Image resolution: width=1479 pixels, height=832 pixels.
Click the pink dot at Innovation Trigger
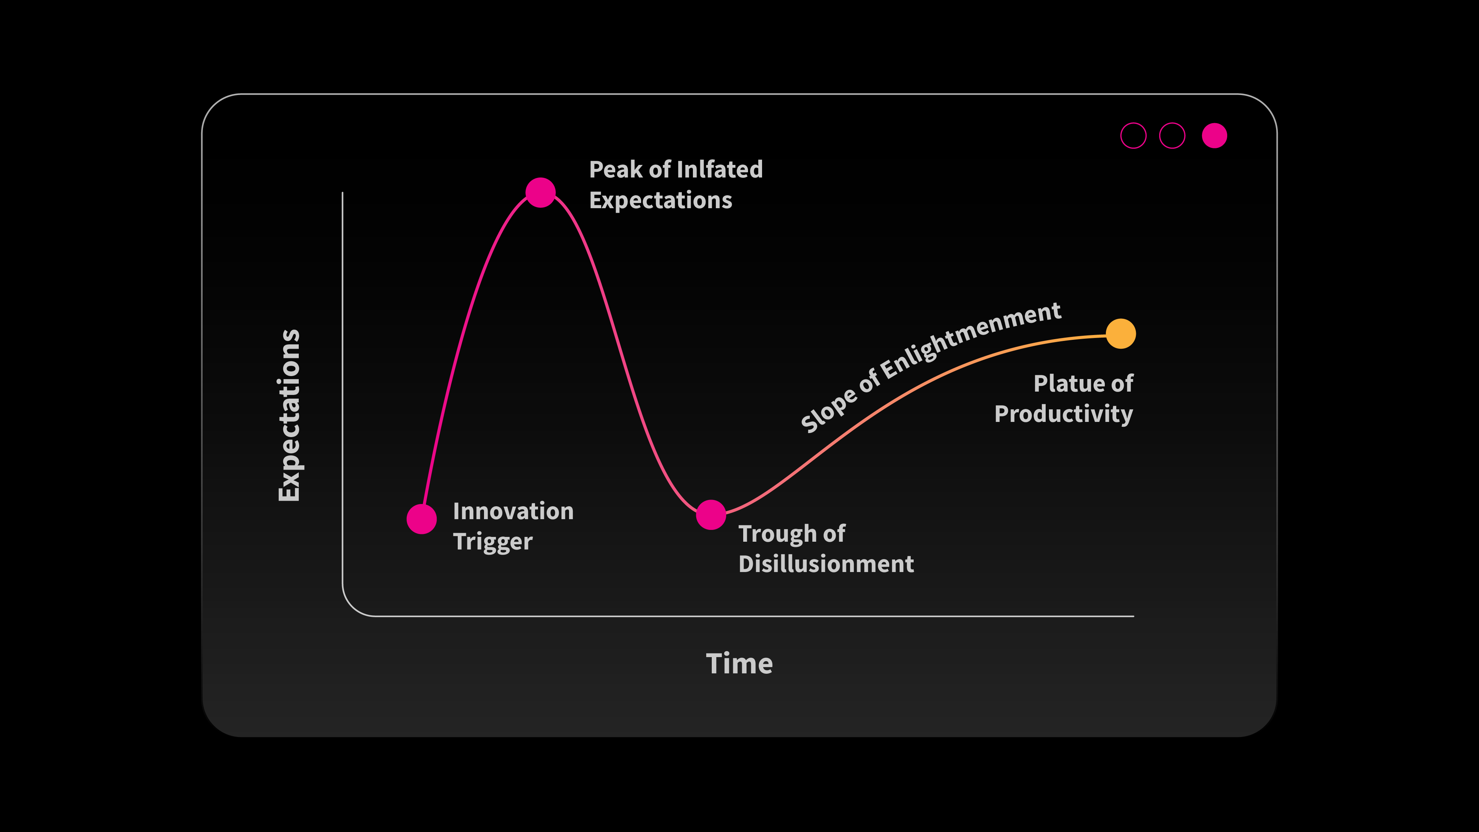coord(422,519)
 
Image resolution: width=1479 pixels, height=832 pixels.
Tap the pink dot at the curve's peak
coord(540,192)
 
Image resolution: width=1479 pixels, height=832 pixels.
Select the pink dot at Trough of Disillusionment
coord(711,514)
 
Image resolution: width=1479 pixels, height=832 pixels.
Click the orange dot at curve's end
coord(1121,334)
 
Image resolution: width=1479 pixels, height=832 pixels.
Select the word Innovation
coord(513,511)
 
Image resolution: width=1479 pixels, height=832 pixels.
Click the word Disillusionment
coord(826,564)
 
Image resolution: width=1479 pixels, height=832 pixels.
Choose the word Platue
coord(1065,383)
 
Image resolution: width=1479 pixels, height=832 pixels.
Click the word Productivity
coord(1064,414)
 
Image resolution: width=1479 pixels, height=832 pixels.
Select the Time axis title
coord(739,664)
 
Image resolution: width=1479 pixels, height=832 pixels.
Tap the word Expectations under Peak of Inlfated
coord(661,200)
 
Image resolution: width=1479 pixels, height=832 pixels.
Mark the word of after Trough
coord(834,534)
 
